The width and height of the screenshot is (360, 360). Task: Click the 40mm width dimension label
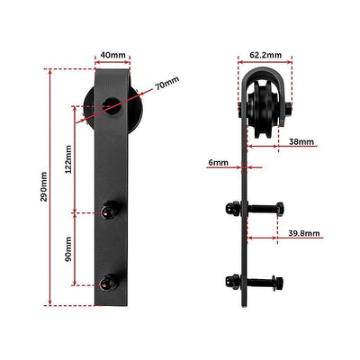tap(112, 56)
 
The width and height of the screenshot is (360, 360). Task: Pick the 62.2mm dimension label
tap(265, 56)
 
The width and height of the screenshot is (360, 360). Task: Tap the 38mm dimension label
tap(302, 141)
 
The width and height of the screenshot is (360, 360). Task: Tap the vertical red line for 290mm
tap(52, 186)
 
